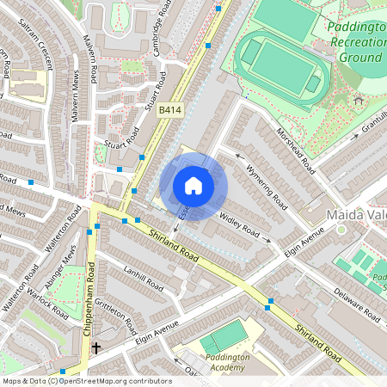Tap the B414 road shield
coord(170,110)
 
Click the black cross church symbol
coord(96,348)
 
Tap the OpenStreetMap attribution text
coord(86,380)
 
